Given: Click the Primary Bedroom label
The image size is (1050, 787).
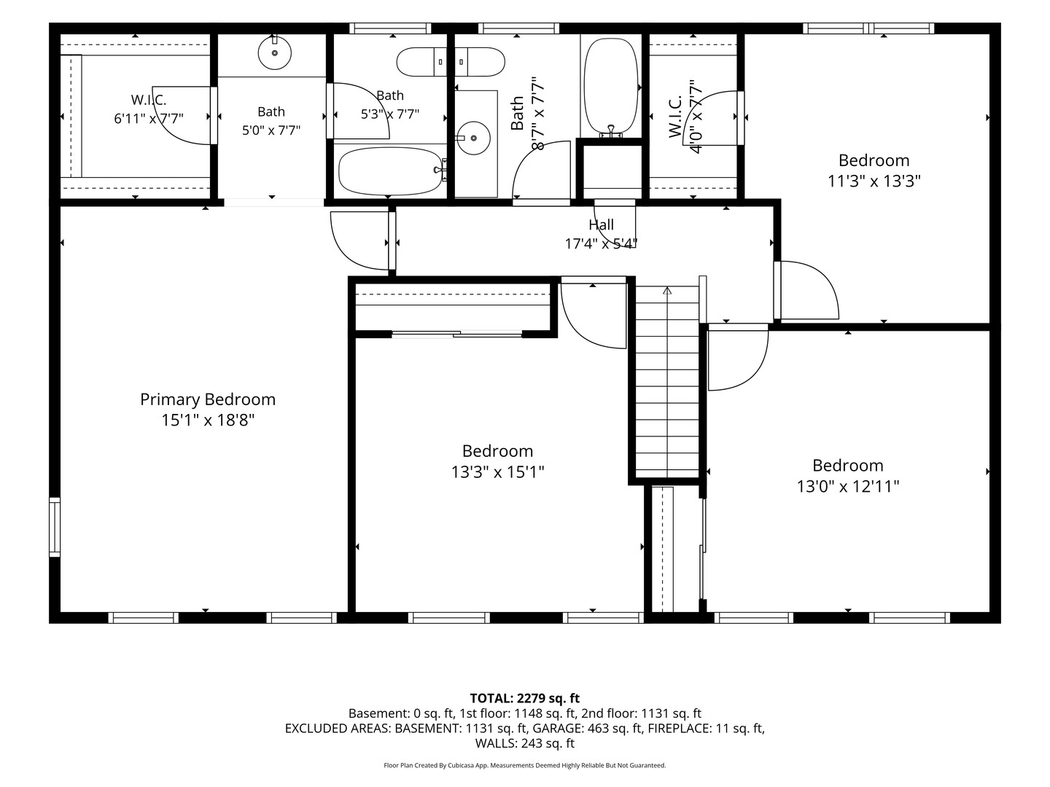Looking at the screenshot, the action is (208, 399).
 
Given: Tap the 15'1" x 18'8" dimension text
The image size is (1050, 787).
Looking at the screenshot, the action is (208, 420).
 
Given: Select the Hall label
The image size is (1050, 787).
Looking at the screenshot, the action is (601, 224).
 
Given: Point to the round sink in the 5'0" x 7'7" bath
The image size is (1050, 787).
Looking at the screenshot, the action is (275, 53).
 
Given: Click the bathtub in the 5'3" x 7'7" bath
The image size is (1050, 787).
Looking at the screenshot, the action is (390, 171).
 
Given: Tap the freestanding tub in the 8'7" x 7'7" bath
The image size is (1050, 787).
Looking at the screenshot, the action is (611, 85).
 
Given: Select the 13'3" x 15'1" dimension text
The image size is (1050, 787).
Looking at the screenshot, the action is (497, 473).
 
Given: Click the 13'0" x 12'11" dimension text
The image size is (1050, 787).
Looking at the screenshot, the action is (847, 487).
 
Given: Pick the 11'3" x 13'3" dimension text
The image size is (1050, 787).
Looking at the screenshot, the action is (874, 181).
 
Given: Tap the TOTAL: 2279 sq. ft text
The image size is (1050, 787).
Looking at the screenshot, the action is (525, 699).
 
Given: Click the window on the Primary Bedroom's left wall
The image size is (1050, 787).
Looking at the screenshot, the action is (55, 527).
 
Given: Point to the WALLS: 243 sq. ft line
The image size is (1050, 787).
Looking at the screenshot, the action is (525, 743).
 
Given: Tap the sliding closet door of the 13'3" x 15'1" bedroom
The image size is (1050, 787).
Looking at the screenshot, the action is (457, 334).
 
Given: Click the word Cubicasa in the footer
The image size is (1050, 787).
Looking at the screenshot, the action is (462, 766).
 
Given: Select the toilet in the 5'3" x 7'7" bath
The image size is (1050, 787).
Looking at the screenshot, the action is (421, 62).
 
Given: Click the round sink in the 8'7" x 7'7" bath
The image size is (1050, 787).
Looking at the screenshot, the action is (473, 138).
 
